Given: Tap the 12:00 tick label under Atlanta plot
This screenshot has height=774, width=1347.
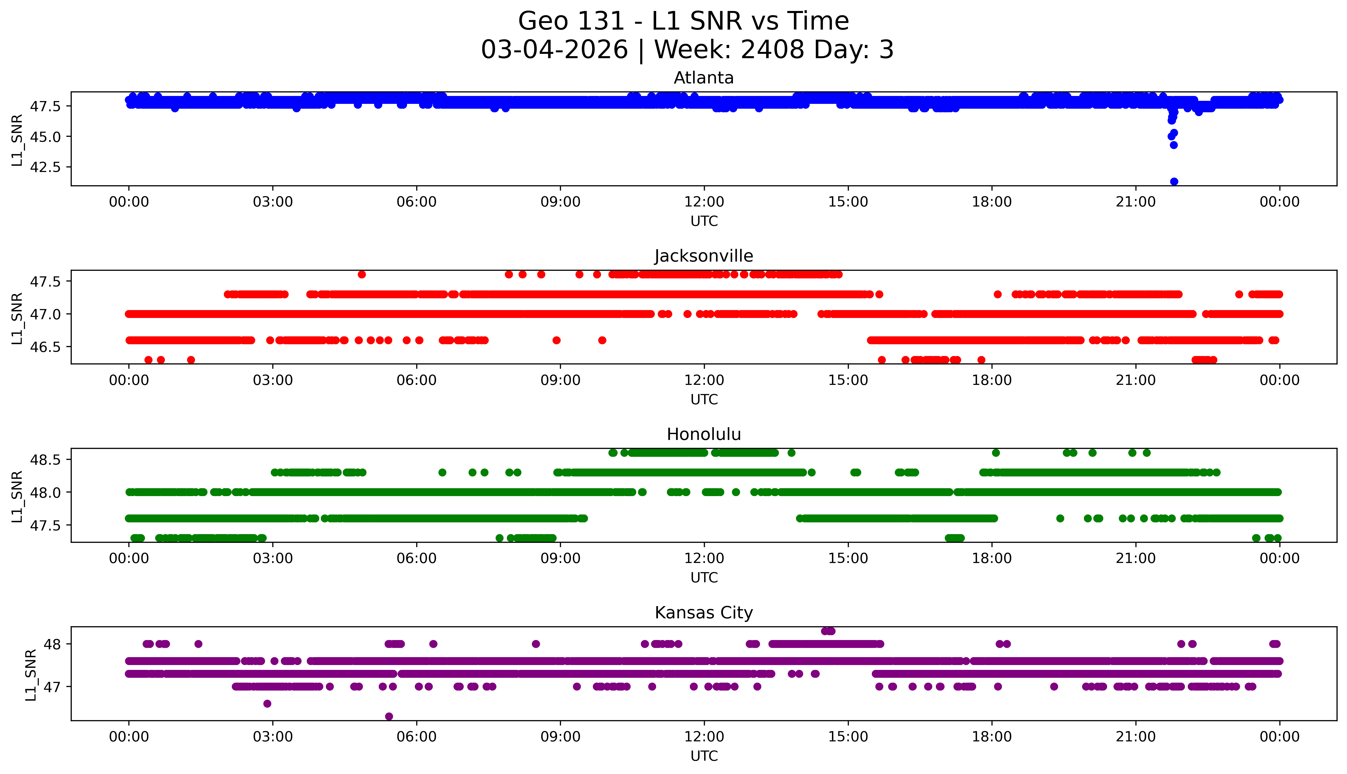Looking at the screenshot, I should coord(704,202).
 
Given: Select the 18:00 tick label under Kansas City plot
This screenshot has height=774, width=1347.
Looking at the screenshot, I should coord(991,737).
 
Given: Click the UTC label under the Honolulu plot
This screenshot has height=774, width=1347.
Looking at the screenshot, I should coord(704,577).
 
